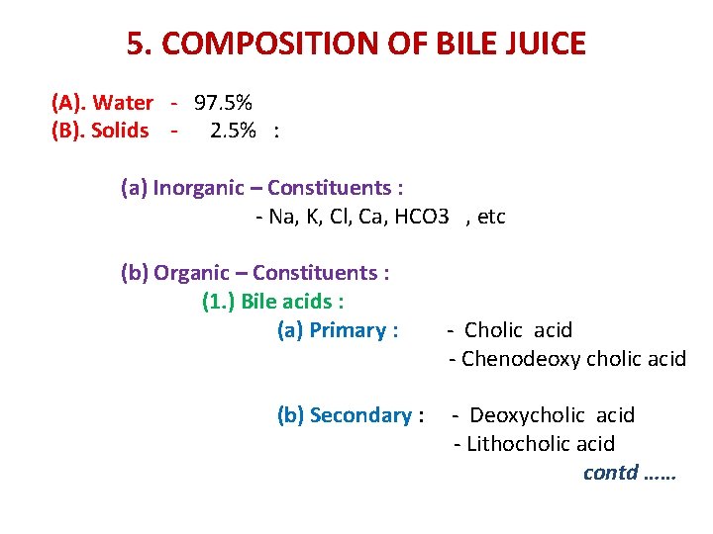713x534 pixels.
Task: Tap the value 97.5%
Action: tap(223, 102)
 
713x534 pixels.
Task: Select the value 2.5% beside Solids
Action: tap(234, 130)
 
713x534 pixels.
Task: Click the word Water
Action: tap(124, 102)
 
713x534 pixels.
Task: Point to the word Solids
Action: tap(120, 130)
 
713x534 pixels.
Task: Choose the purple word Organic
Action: tap(195, 272)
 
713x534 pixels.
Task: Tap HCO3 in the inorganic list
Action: tap(422, 216)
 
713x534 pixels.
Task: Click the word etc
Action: tap(492, 216)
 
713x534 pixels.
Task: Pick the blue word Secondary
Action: tap(362, 414)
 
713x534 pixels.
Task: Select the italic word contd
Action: tap(610, 472)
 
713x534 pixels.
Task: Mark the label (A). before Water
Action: tap(67, 102)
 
